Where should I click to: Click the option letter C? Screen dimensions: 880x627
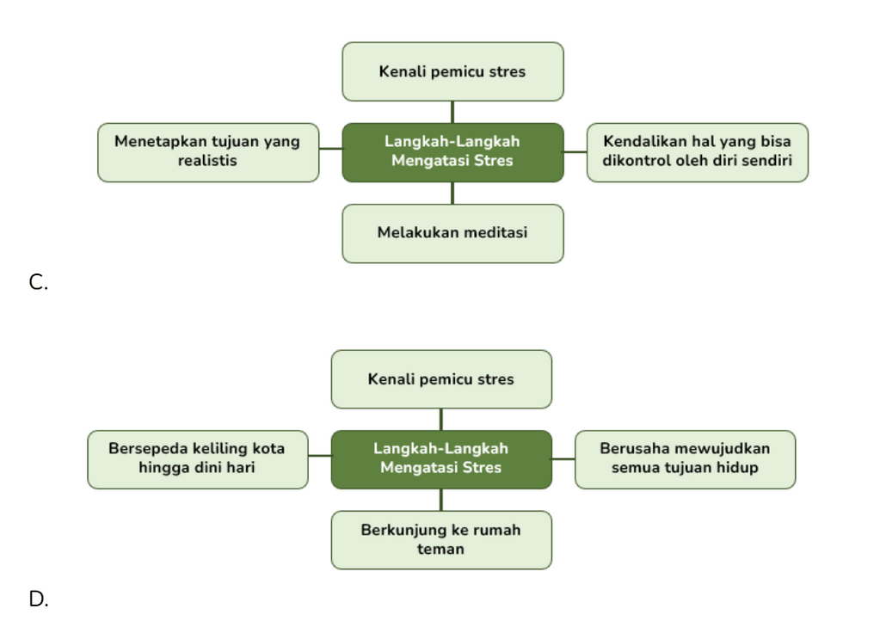coord(38,282)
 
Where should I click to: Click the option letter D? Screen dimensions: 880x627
coord(39,599)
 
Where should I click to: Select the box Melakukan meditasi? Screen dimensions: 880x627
coord(453,233)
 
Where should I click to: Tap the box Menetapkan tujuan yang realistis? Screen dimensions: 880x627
coord(208,153)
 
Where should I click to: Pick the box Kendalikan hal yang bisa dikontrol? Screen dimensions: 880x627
coord(698,153)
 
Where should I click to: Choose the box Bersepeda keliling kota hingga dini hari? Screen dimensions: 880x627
coord(198,460)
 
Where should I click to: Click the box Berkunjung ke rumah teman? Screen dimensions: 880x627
coord(441,540)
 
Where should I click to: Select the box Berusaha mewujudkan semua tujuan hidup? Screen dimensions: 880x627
coord(686,460)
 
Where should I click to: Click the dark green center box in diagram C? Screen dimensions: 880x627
coord(453,153)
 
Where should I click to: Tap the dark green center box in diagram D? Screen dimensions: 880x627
coord(441,460)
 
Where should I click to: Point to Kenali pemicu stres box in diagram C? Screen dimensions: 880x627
coord(453,72)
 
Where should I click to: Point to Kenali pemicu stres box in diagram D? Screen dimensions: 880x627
coord(441,379)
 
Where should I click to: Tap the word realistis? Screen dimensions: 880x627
coord(207,161)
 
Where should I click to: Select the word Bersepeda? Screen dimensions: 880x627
coord(148,449)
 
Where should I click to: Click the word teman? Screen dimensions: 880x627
coord(440,549)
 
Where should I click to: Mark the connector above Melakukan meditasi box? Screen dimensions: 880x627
coord(452,194)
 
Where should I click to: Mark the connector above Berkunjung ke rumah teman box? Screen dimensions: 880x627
coord(441,501)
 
